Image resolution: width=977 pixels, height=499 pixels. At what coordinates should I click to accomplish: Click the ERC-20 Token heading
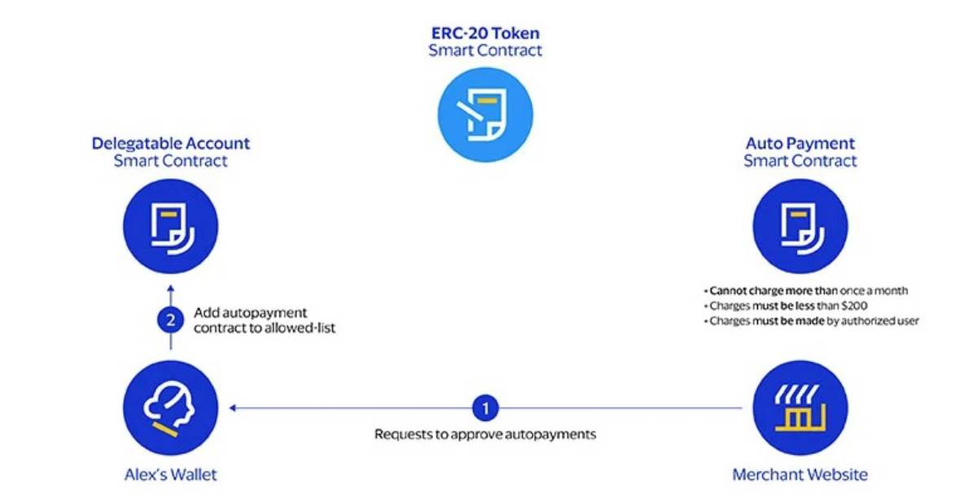click(485, 33)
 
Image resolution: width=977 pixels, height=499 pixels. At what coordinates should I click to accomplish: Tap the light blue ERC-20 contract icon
click(485, 115)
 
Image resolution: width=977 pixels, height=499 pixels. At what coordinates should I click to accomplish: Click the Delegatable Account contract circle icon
click(170, 226)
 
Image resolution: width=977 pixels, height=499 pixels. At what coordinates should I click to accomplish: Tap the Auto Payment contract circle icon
click(800, 226)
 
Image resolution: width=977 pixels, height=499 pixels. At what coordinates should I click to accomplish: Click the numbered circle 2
click(170, 321)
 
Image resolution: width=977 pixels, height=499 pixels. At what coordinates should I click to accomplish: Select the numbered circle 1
click(485, 409)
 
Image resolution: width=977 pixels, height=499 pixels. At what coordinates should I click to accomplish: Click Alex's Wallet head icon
click(170, 409)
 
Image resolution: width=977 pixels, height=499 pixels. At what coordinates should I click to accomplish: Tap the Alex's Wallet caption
click(170, 475)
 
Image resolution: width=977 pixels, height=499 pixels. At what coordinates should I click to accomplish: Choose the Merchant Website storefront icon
click(800, 409)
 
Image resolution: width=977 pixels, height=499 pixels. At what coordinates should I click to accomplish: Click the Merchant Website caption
click(800, 475)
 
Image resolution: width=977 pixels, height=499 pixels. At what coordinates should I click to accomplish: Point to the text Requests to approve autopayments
click(485, 435)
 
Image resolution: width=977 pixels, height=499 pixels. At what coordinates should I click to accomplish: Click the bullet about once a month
click(806, 291)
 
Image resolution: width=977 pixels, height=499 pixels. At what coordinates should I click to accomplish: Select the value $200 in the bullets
click(855, 306)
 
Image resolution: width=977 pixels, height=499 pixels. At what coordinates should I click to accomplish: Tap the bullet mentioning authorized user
click(811, 321)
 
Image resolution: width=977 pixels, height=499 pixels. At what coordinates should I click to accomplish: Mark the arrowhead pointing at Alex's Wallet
click(233, 409)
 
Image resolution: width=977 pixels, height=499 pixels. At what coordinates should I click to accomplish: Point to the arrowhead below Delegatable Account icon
click(170, 288)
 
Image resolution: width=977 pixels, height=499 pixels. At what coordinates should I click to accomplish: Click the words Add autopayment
click(251, 313)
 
